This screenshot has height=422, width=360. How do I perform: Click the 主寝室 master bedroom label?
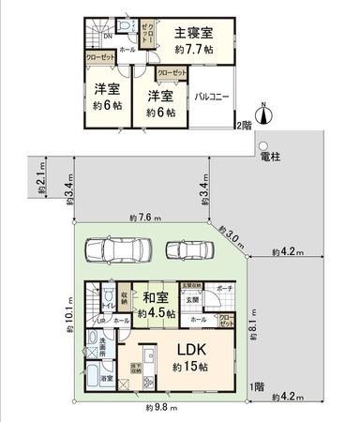click(x=193, y=33)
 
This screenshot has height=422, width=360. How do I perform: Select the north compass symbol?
click(x=265, y=113)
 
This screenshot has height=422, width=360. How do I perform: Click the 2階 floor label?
click(x=244, y=125)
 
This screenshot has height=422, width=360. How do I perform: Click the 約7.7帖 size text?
click(x=198, y=48)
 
